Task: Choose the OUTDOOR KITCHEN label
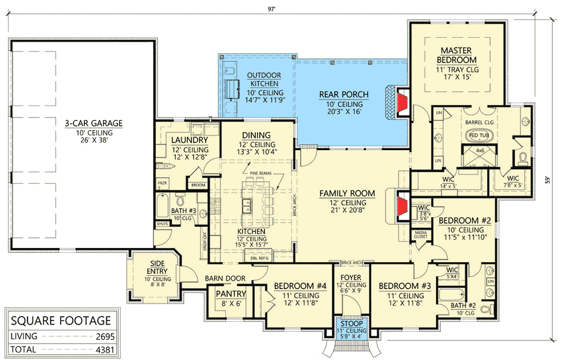pyautogui.click(x=264, y=80)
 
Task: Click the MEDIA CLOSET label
pyautogui.click(x=420, y=234)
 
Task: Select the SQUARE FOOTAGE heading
pyautogui.click(x=61, y=321)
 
